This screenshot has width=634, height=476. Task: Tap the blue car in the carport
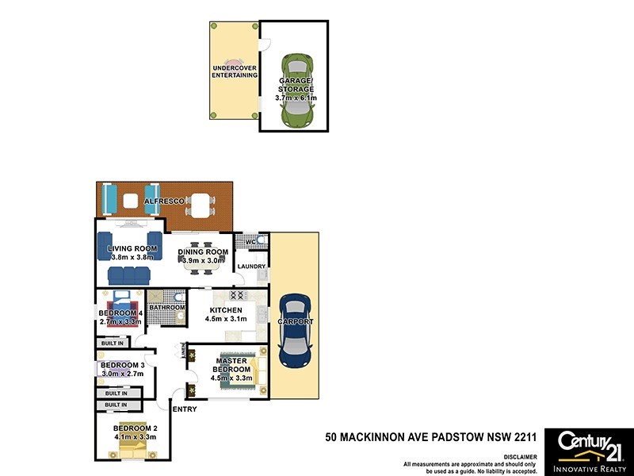295,331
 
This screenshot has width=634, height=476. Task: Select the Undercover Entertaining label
234,71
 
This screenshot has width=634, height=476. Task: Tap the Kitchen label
226,310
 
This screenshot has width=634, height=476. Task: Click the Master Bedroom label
231,365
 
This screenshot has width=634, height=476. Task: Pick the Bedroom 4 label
120,313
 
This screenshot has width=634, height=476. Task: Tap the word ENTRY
185,409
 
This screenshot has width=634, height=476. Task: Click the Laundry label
251,267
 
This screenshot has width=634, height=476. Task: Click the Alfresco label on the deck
164,202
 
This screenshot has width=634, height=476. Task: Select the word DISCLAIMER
519,457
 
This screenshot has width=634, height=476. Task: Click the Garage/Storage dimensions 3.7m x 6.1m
295,98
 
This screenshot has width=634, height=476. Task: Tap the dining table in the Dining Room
204,266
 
